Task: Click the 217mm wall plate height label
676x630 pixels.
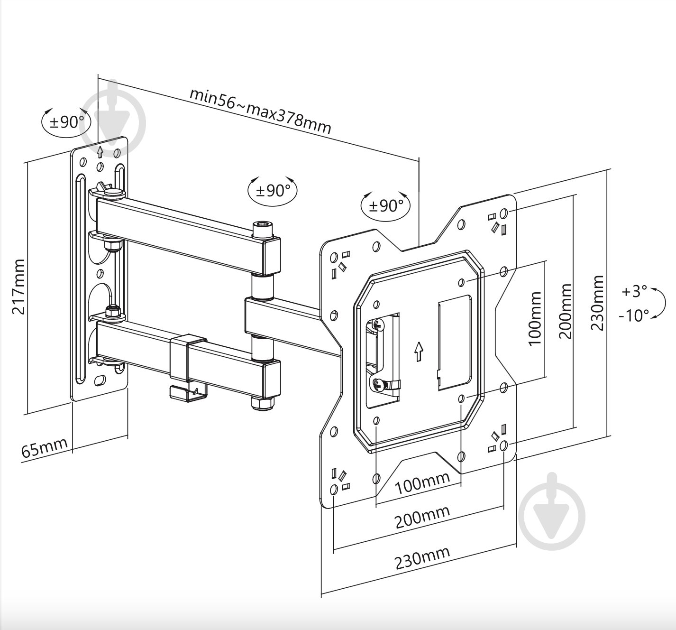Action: click(18, 287)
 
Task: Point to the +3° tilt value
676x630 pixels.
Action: click(634, 291)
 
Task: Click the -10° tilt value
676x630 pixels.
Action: click(634, 315)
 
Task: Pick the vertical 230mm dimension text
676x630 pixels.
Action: click(597, 303)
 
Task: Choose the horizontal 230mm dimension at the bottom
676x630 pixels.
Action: click(422, 559)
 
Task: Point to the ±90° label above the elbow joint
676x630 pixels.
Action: click(273, 191)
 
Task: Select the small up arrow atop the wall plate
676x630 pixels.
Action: click(100, 152)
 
